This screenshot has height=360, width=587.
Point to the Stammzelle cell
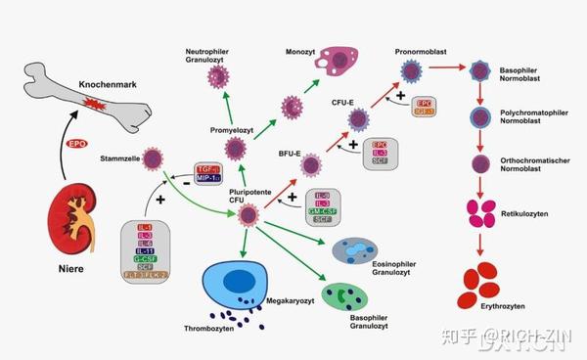point(152,157)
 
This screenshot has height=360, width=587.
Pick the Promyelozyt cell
point(235,149)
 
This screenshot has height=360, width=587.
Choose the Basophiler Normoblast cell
point(480,70)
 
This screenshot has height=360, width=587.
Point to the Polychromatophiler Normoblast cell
point(480,118)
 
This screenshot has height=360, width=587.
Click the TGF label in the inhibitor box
point(205,168)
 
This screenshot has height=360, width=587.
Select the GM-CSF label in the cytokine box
point(324,210)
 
